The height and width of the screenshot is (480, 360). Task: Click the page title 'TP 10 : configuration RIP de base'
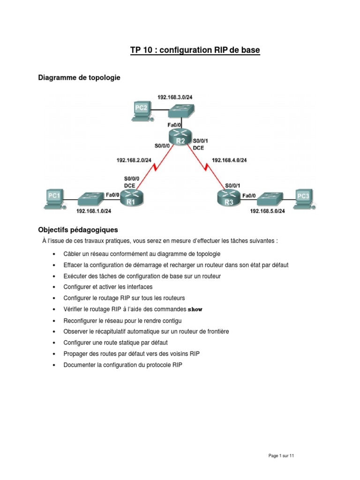click(195, 50)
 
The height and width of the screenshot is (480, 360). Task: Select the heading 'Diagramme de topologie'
click(79, 78)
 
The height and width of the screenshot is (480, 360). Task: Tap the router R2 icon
click(180, 138)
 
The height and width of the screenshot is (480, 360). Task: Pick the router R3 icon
click(228, 198)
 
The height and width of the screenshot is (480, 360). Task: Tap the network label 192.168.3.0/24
click(175, 97)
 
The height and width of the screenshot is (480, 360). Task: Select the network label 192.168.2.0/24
click(134, 160)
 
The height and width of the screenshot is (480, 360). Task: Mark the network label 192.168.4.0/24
click(229, 160)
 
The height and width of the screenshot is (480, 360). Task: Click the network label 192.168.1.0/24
click(94, 211)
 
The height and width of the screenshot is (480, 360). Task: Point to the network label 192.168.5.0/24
click(267, 211)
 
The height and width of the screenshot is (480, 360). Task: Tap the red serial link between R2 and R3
click(206, 166)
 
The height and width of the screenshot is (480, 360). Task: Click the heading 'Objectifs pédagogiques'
click(78, 230)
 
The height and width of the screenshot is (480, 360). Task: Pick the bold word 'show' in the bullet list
click(195, 309)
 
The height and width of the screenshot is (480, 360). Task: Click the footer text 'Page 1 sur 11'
click(281, 456)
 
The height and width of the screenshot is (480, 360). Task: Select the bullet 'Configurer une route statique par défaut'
click(115, 343)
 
